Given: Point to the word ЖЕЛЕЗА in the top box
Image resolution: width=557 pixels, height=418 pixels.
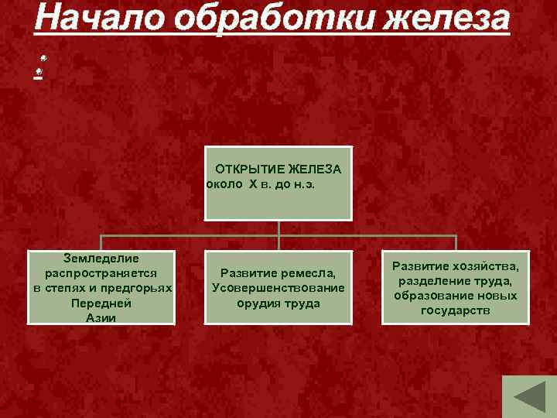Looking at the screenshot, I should tap(316, 169).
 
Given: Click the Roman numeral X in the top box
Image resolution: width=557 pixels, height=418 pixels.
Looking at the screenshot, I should tap(253, 185).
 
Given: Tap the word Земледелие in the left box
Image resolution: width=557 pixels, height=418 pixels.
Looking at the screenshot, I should tap(101, 258).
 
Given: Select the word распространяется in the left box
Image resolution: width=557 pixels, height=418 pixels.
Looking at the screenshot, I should tap(101, 272).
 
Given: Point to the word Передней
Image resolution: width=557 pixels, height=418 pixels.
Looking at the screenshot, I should tap(101, 303).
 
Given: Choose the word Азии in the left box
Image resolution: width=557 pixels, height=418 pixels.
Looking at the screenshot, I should tap(101, 317).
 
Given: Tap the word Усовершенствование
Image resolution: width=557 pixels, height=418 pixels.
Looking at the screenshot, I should tap(278, 288).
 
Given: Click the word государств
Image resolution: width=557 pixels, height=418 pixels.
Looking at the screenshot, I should tap(456, 310).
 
